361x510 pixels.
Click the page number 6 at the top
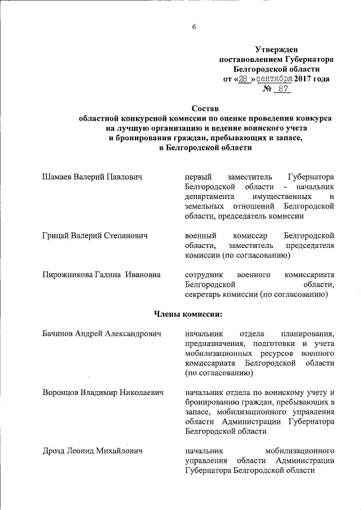pos(193,26)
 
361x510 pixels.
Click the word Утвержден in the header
pos(276,50)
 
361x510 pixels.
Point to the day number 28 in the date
pos(243,79)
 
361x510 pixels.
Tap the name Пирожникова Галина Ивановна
pos(102,274)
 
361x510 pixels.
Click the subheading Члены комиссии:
pos(188,313)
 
